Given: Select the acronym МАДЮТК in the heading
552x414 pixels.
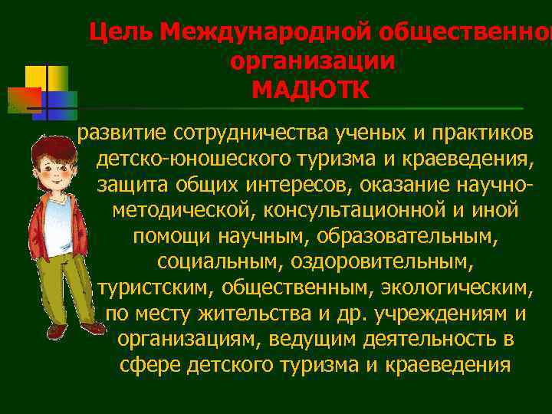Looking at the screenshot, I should [310, 90].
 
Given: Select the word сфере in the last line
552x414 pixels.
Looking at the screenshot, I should [150, 364].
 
